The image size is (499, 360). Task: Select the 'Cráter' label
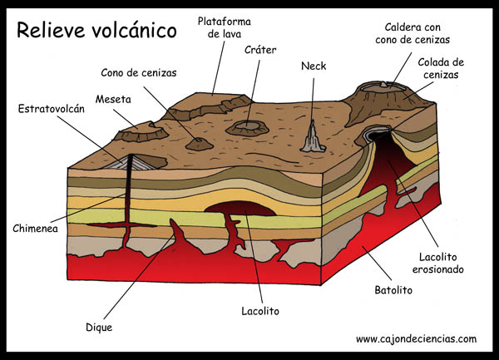pyautogui.click(x=260, y=50)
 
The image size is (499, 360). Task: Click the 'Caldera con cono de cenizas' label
pyautogui.click(x=413, y=32)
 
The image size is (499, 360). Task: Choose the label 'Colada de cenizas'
pyautogui.click(x=441, y=67)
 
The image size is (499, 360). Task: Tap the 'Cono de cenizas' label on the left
pyautogui.click(x=140, y=72)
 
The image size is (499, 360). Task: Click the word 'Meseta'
pyautogui.click(x=114, y=98)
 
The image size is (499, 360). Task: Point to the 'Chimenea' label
pyautogui.click(x=36, y=227)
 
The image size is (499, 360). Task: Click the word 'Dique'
pyautogui.click(x=98, y=327)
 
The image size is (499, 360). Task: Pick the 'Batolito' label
pyautogui.click(x=393, y=291)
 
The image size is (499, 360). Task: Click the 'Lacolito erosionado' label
pyautogui.click(x=437, y=263)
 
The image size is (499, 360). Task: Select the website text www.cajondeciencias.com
pyautogui.click(x=416, y=339)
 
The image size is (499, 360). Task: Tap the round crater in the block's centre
pyautogui.click(x=246, y=127)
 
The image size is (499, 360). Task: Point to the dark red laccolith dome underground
pyautogui.click(x=235, y=209)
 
